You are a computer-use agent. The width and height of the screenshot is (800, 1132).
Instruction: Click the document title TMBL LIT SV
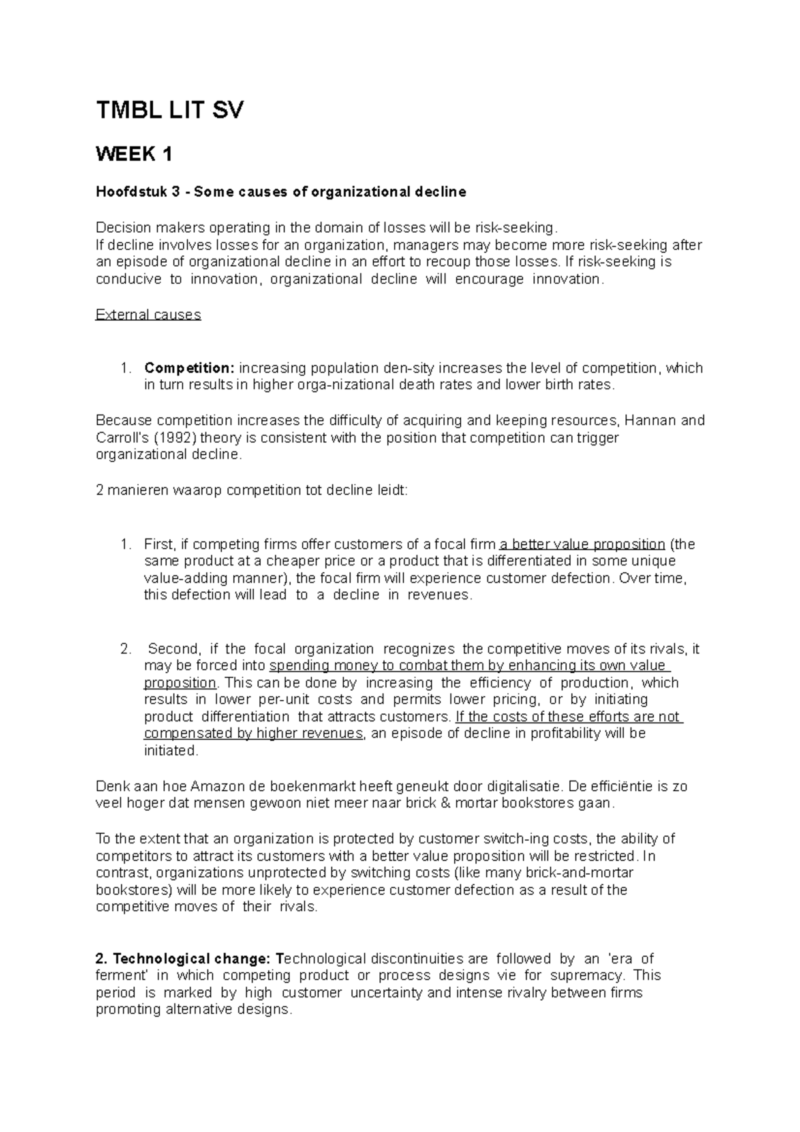(170, 111)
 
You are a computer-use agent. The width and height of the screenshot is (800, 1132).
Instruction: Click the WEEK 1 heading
(134, 155)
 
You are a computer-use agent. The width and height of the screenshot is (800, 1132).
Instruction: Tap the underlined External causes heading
(148, 315)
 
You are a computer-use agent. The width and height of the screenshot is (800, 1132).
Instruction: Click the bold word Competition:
(189, 368)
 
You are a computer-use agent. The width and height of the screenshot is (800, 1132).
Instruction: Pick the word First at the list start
(161, 544)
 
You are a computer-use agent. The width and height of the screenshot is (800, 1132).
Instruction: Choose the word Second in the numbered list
(173, 649)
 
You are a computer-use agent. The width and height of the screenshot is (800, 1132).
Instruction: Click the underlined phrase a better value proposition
(583, 544)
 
